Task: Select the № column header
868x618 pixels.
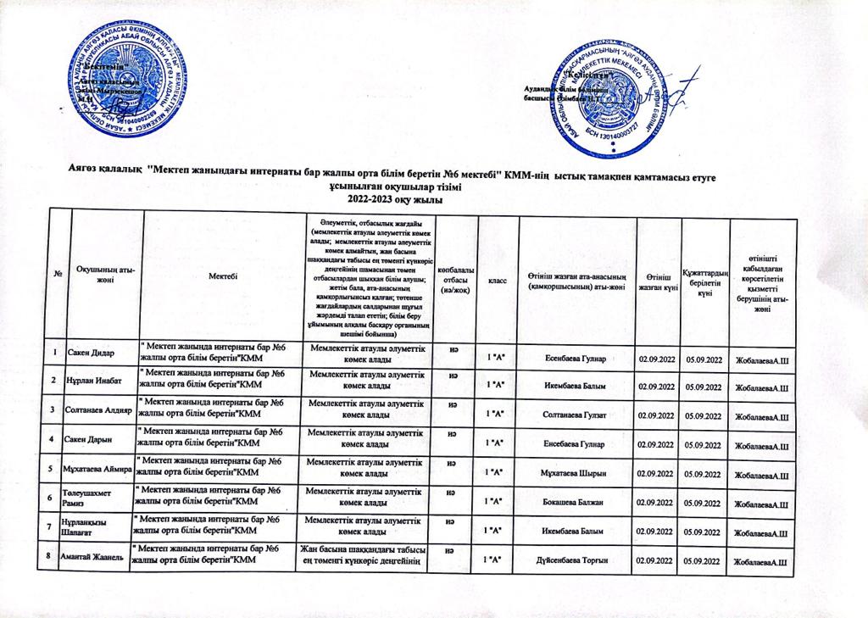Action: click(57, 276)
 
